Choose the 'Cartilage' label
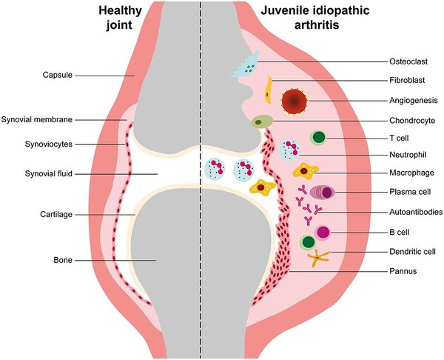(45, 214)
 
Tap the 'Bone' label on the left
(51, 260)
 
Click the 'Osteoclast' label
(408, 61)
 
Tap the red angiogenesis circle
(295, 101)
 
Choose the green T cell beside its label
(319, 138)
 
